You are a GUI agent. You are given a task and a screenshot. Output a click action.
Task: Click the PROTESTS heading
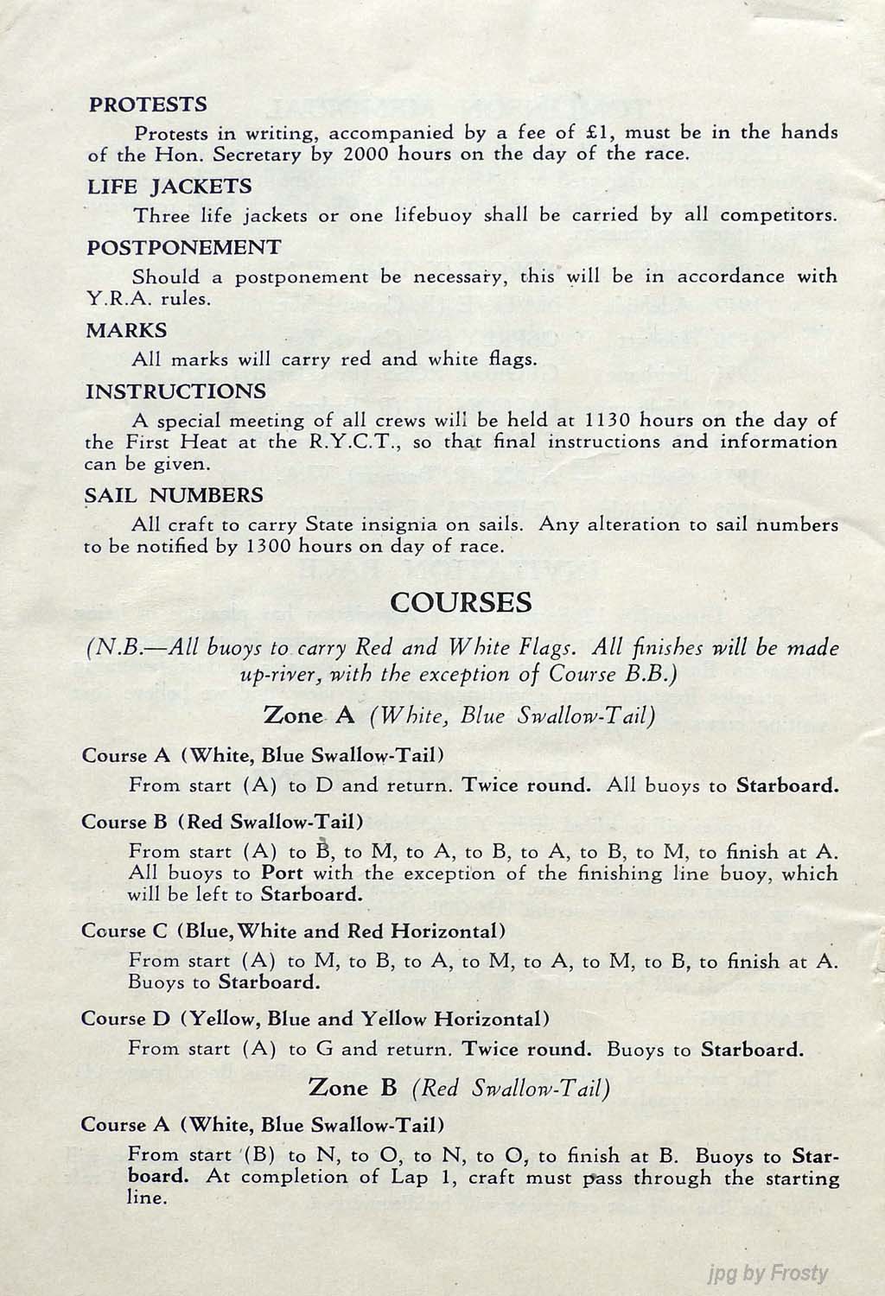[148, 105]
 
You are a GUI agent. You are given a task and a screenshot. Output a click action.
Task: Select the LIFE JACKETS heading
[169, 187]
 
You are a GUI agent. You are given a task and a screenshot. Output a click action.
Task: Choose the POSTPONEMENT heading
[184, 248]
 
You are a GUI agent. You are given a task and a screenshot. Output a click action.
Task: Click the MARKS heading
[126, 330]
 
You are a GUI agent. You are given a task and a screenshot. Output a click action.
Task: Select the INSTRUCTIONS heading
[175, 391]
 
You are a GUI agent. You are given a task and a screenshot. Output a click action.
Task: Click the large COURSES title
[461, 602]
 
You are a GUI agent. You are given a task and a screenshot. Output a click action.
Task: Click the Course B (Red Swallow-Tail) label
[222, 822]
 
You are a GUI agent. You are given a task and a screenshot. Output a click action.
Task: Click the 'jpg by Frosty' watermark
[767, 1273]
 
